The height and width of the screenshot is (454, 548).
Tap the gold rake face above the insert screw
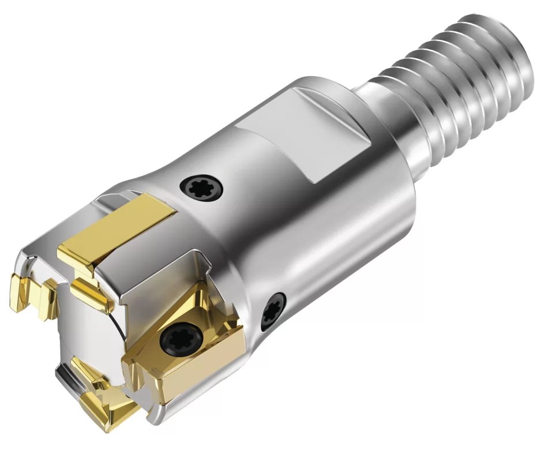[179, 306]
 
